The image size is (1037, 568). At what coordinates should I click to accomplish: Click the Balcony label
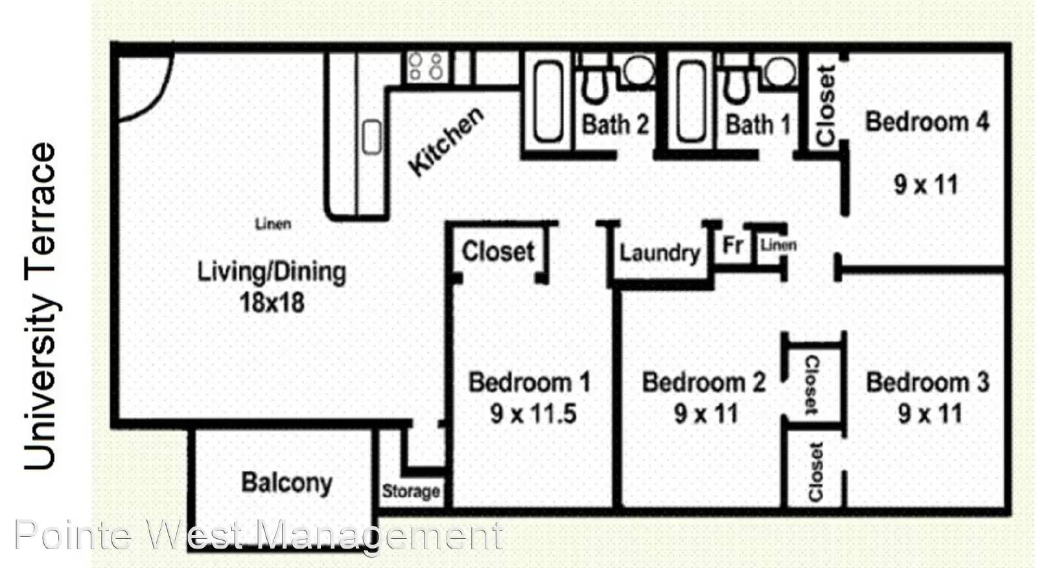point(286,483)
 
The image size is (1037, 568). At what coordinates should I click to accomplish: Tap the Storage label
point(411,491)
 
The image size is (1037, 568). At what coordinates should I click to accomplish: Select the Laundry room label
point(660,253)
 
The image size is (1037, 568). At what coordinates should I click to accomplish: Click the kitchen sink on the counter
point(371,137)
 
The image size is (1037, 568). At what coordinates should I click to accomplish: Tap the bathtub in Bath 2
point(548,101)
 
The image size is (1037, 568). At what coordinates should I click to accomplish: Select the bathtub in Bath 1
point(691,101)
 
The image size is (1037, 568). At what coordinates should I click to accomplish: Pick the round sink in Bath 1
point(780,71)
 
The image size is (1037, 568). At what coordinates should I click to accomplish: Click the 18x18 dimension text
point(272,303)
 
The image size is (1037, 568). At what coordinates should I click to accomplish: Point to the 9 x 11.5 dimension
point(533,413)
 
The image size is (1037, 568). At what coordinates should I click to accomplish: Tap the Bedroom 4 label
point(927,122)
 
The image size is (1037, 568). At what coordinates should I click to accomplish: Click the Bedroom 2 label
point(704,383)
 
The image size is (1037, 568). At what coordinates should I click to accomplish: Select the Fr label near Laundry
point(733,245)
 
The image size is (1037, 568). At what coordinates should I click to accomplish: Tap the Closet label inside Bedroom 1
point(498,251)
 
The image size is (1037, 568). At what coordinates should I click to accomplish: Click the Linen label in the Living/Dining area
point(273,224)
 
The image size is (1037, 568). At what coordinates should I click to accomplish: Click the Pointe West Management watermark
point(259,535)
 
